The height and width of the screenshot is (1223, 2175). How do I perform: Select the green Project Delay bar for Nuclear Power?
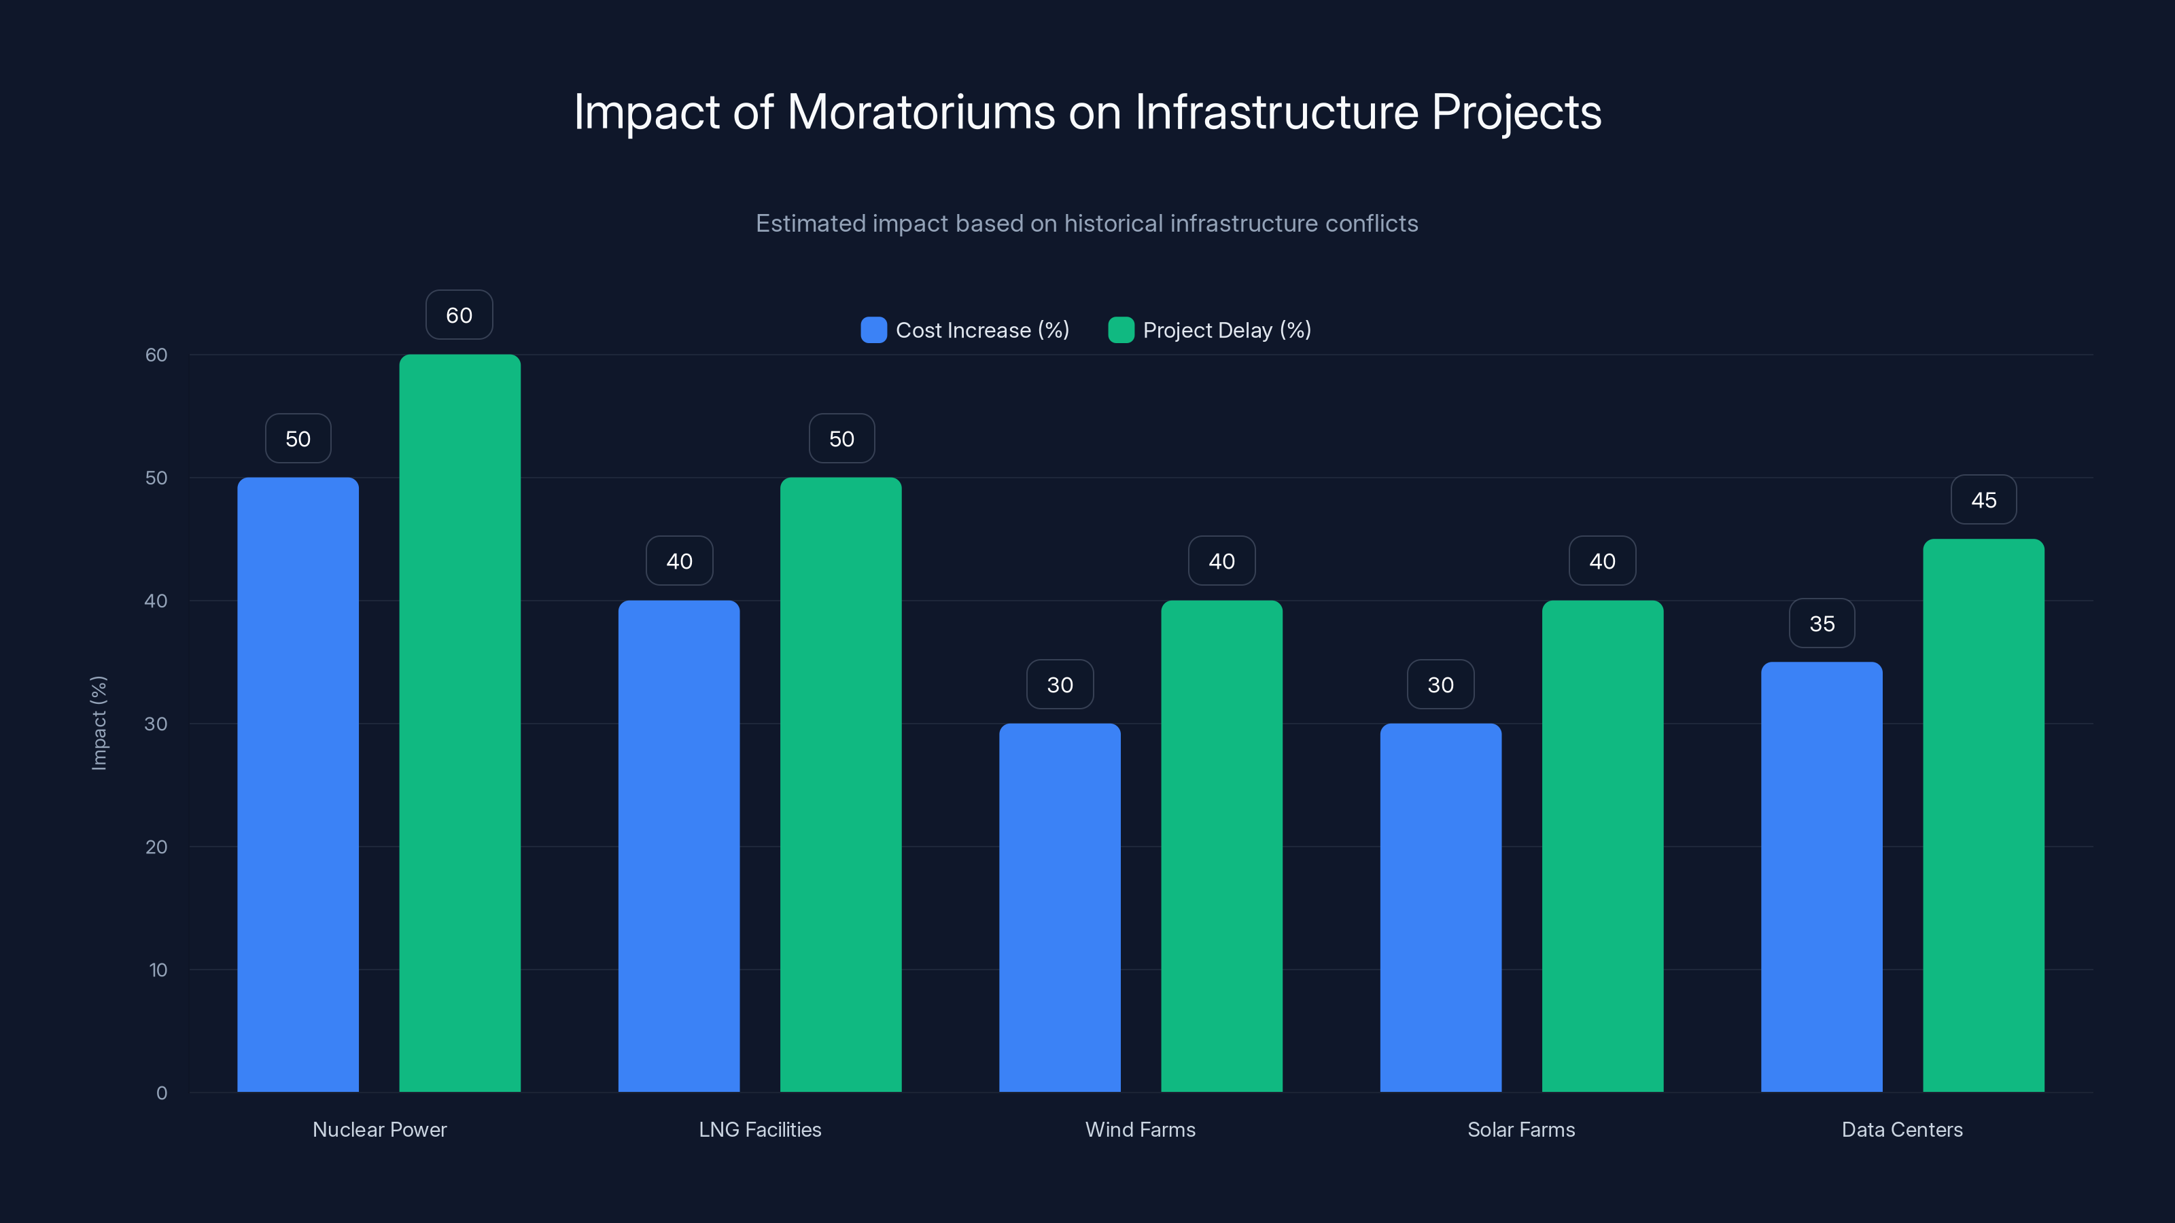(459, 724)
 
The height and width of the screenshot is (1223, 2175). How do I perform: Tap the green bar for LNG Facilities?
(840, 785)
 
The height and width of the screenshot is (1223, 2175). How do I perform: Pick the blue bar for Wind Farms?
(1060, 907)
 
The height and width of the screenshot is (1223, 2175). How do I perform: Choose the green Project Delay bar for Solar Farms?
(1602, 846)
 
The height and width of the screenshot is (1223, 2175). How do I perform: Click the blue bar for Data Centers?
(1822, 877)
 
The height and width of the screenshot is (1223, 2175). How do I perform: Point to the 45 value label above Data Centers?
(1983, 499)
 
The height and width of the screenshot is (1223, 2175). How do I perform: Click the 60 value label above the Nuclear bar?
(459, 315)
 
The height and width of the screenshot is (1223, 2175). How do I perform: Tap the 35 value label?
(1822, 624)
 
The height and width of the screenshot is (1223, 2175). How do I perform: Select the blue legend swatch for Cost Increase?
(873, 330)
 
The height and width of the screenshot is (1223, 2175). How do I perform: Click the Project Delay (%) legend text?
(1226, 330)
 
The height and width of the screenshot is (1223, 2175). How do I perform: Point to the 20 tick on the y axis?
(156, 847)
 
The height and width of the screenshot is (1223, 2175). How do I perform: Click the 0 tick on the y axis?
(161, 1093)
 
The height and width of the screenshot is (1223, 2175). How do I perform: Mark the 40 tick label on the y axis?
(156, 601)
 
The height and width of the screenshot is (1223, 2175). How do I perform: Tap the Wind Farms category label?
(1140, 1129)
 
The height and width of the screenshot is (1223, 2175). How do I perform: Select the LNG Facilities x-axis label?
(759, 1129)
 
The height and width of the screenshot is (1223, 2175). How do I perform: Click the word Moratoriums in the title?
(920, 111)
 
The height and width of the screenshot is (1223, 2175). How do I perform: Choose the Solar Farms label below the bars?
(1520, 1129)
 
